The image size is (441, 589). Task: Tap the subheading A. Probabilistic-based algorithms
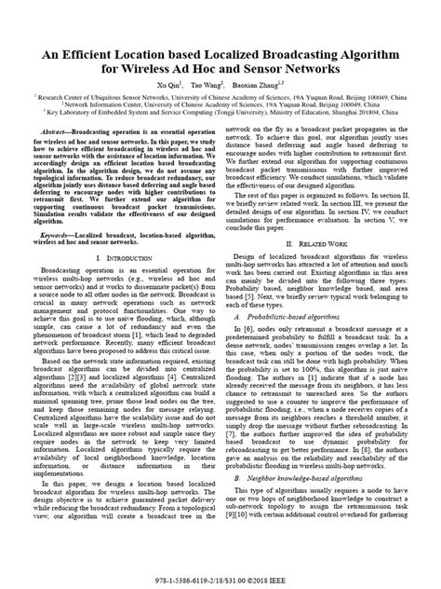(296, 290)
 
